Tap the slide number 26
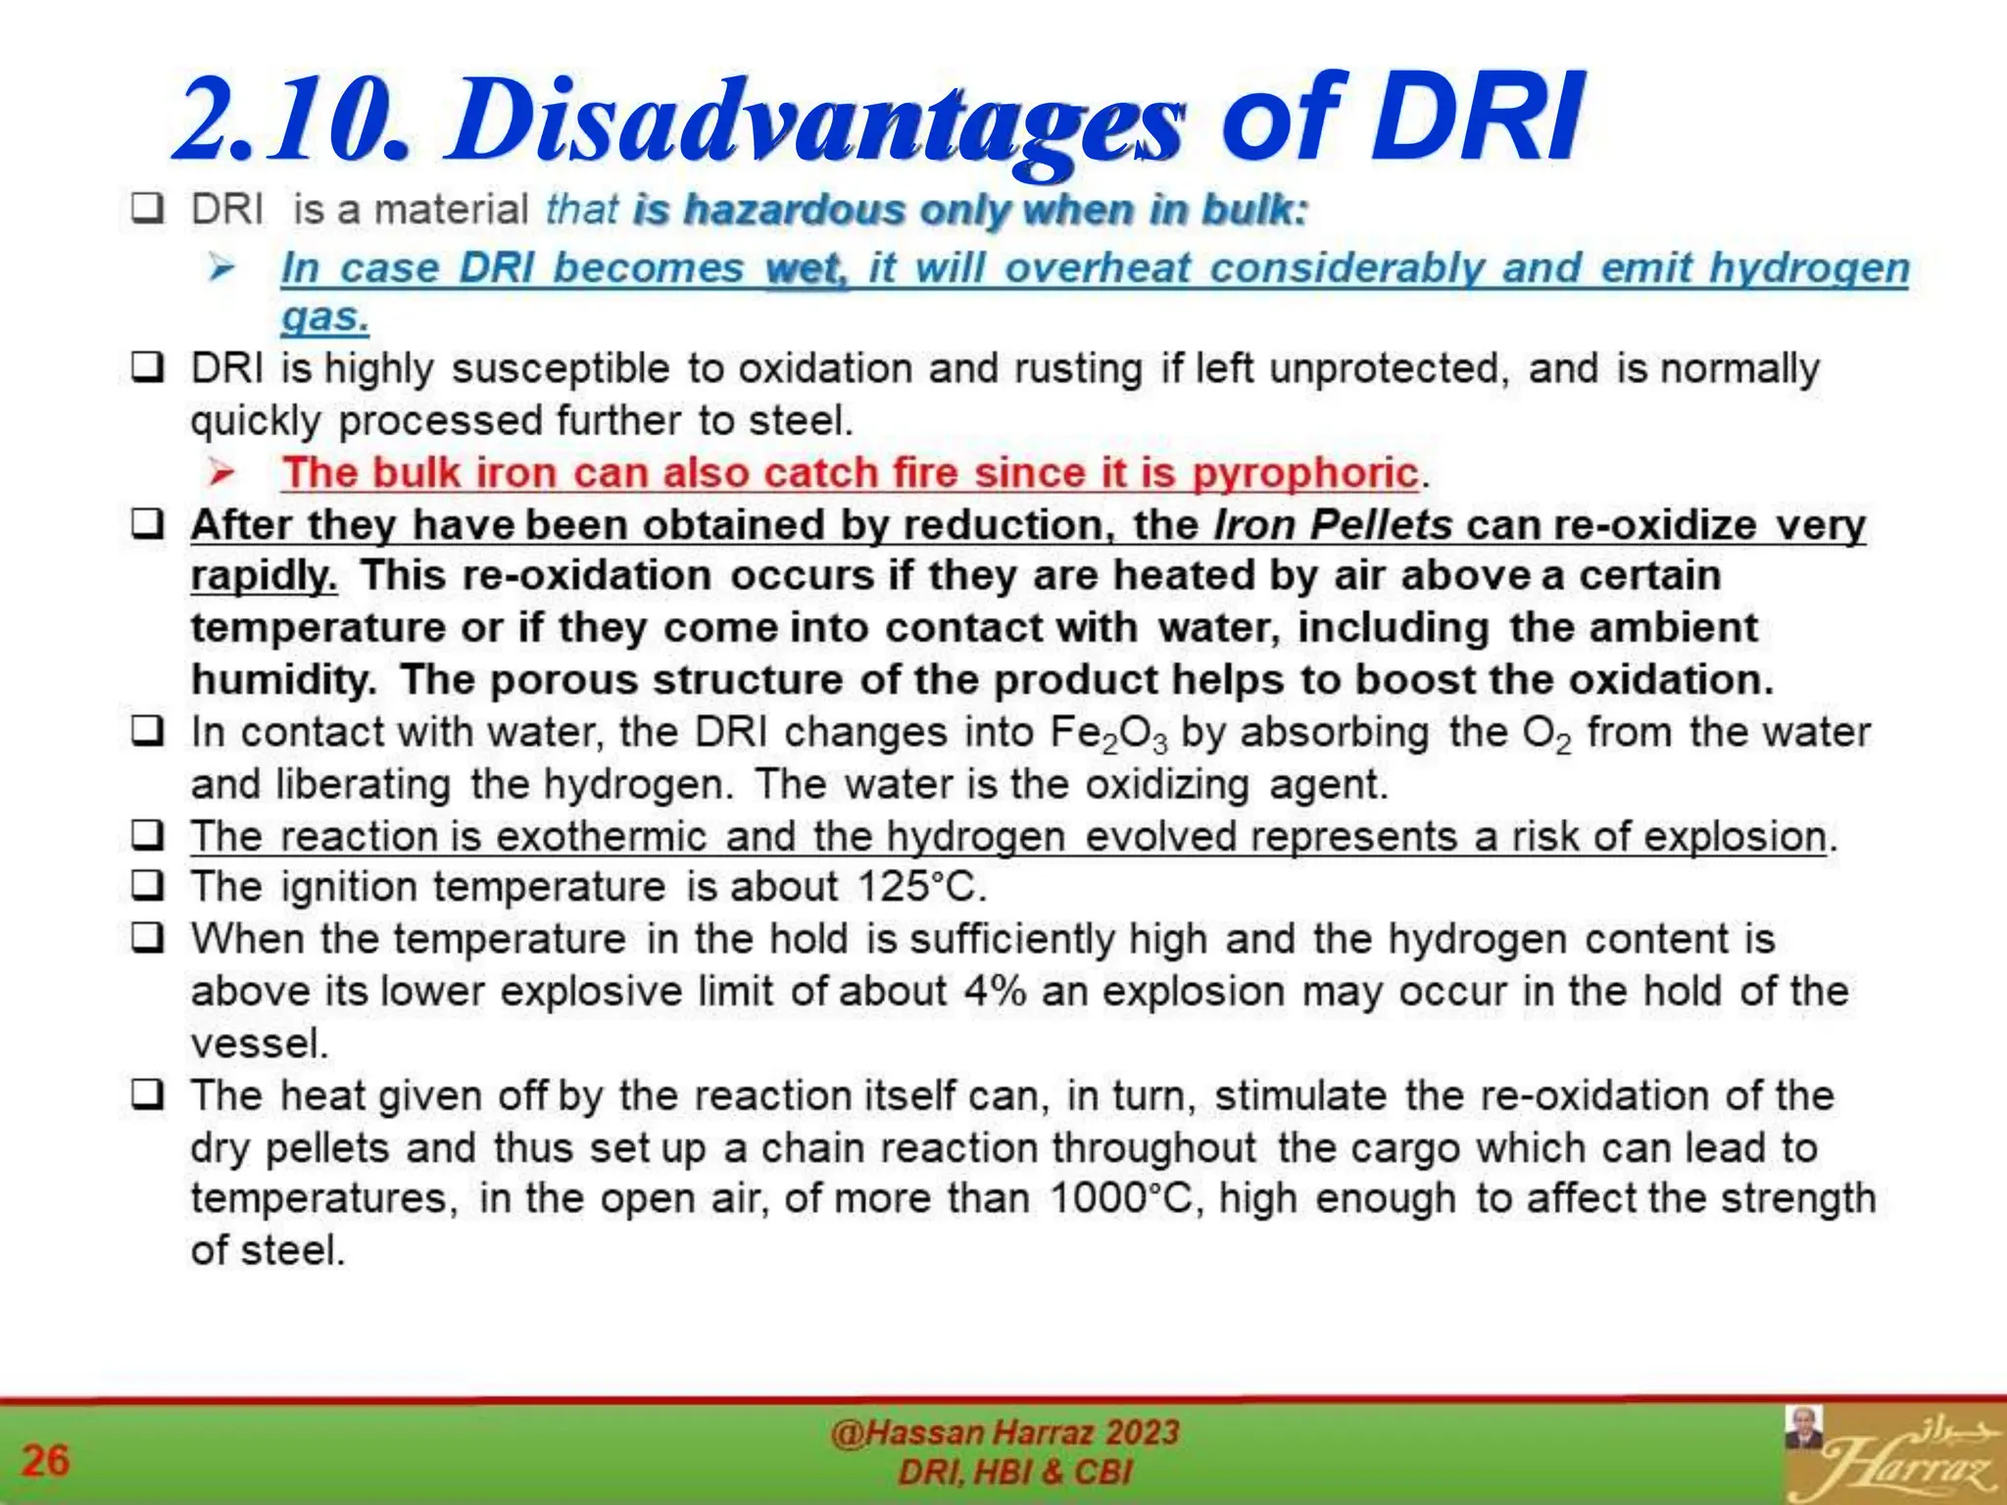click(45, 1460)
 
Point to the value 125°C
click(920, 888)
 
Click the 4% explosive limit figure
click(995, 992)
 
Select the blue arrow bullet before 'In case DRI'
click(221, 267)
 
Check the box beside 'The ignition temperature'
click(148, 887)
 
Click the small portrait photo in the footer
click(1804, 1428)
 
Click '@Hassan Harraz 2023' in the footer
click(1004, 1432)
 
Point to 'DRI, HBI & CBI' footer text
click(1015, 1473)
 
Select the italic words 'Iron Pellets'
click(1333, 525)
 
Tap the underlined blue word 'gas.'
click(324, 317)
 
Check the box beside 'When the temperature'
click(148, 939)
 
